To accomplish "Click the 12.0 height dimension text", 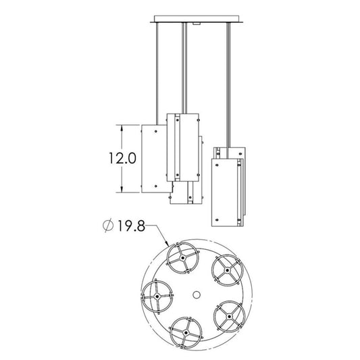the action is click(122, 159).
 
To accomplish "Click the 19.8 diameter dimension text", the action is click(131, 226).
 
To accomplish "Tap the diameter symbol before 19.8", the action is click(108, 226).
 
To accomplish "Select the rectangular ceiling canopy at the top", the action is click(197, 19).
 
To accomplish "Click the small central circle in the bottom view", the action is click(197, 294).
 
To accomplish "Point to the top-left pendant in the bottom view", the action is click(182, 258).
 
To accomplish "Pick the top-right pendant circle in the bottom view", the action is click(227, 270).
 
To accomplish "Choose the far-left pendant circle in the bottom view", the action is click(157, 297).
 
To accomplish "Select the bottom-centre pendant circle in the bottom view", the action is click(186, 332).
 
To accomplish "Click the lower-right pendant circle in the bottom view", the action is click(230, 316).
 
